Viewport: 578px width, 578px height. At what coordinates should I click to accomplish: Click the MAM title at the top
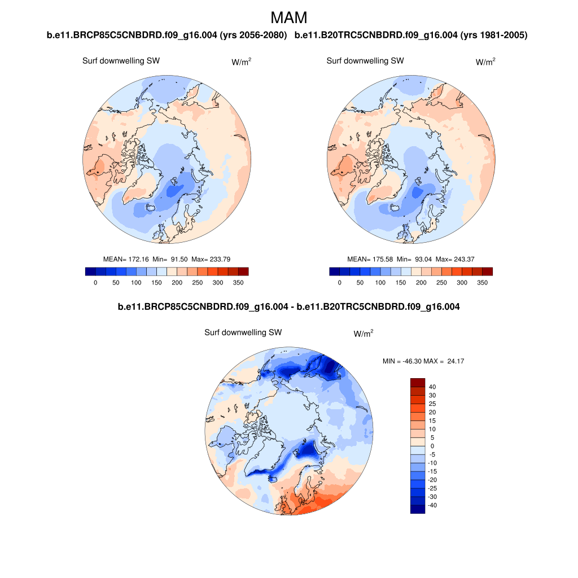(289, 17)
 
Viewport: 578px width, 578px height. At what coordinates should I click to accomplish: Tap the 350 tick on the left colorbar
(238, 282)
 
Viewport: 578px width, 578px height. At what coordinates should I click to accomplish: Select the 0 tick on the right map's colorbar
(340, 282)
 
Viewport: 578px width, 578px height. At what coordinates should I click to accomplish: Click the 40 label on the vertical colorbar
(433, 387)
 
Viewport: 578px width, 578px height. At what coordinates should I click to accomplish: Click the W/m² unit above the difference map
(364, 334)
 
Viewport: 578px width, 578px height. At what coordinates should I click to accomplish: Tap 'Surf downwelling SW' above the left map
(121, 61)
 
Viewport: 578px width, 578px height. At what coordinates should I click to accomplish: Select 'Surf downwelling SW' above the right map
(365, 61)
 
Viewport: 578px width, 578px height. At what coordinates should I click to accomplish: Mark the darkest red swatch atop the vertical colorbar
(417, 382)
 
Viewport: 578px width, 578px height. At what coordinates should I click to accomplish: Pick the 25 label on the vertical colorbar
(433, 404)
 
